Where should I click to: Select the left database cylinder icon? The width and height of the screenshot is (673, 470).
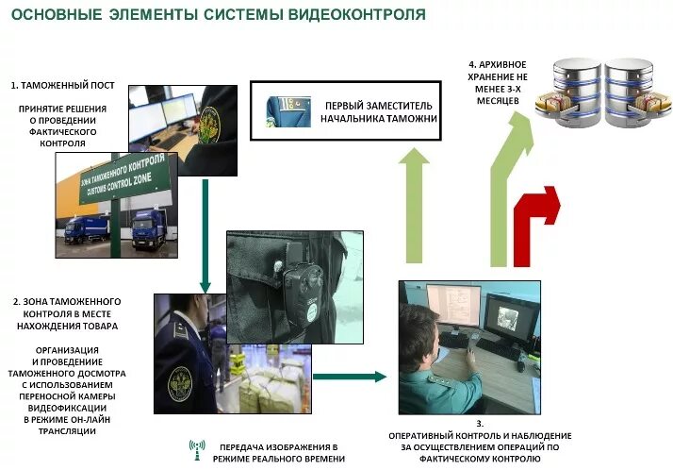coord(569,92)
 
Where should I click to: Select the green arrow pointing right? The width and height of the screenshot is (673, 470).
coord(349,377)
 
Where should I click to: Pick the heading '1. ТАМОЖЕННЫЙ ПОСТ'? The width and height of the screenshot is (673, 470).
coord(63,85)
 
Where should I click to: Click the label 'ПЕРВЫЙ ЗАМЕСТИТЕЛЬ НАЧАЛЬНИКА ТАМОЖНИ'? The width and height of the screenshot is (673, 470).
coord(380,111)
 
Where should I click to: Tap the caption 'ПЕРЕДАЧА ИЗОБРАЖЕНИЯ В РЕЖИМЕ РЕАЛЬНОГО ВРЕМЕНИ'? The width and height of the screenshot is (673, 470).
coord(278,451)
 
